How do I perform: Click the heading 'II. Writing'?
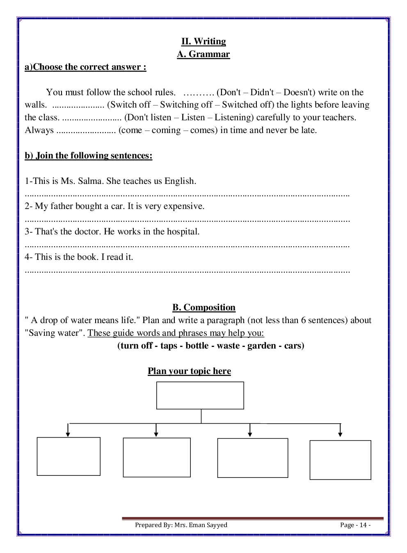pyautogui.click(x=203, y=41)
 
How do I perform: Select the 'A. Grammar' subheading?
pyautogui.click(x=203, y=54)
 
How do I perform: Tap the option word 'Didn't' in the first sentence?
pyautogui.click(x=262, y=92)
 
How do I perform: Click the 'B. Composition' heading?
pyautogui.click(x=204, y=307)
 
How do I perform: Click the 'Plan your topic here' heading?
pyautogui.click(x=189, y=371)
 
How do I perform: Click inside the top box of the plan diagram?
pyautogui.click(x=200, y=395)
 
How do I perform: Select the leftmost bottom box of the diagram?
pyautogui.click(x=69, y=457)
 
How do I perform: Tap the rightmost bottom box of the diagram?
pyautogui.click(x=340, y=460)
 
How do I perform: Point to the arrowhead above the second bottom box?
pyautogui.click(x=156, y=434)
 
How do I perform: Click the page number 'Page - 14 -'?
pyautogui.click(x=355, y=525)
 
